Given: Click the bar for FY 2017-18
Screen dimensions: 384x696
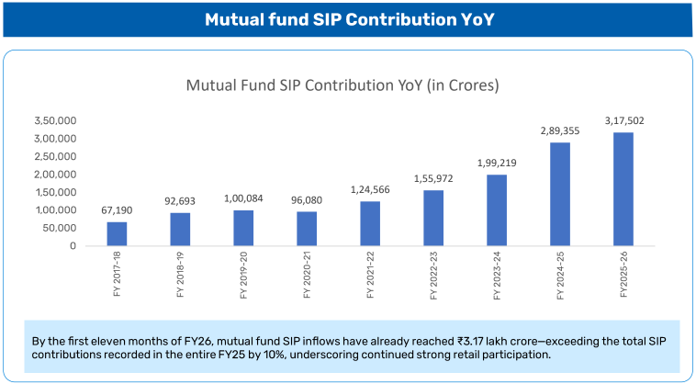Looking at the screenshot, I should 117,233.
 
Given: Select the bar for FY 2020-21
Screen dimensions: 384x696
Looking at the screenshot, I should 307,229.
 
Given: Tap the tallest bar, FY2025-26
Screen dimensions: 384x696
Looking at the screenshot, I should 623,189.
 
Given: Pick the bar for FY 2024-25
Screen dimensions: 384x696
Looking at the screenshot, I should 560,194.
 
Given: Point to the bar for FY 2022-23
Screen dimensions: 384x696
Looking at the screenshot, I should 433,218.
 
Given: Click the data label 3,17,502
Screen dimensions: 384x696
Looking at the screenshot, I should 623,120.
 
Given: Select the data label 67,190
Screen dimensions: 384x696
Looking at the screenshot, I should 117,210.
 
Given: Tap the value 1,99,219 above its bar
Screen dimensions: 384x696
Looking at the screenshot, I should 497,163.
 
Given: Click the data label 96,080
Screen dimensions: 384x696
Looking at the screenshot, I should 307,200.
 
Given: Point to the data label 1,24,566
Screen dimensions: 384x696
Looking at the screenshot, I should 370,189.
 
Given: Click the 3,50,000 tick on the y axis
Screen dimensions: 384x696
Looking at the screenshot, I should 54,120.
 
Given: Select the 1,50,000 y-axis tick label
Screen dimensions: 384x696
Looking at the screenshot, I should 54,192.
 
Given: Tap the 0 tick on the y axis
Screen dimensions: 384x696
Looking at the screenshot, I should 72,246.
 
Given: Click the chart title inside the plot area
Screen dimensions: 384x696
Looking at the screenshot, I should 342,85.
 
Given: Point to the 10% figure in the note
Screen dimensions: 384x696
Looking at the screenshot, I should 254,354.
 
